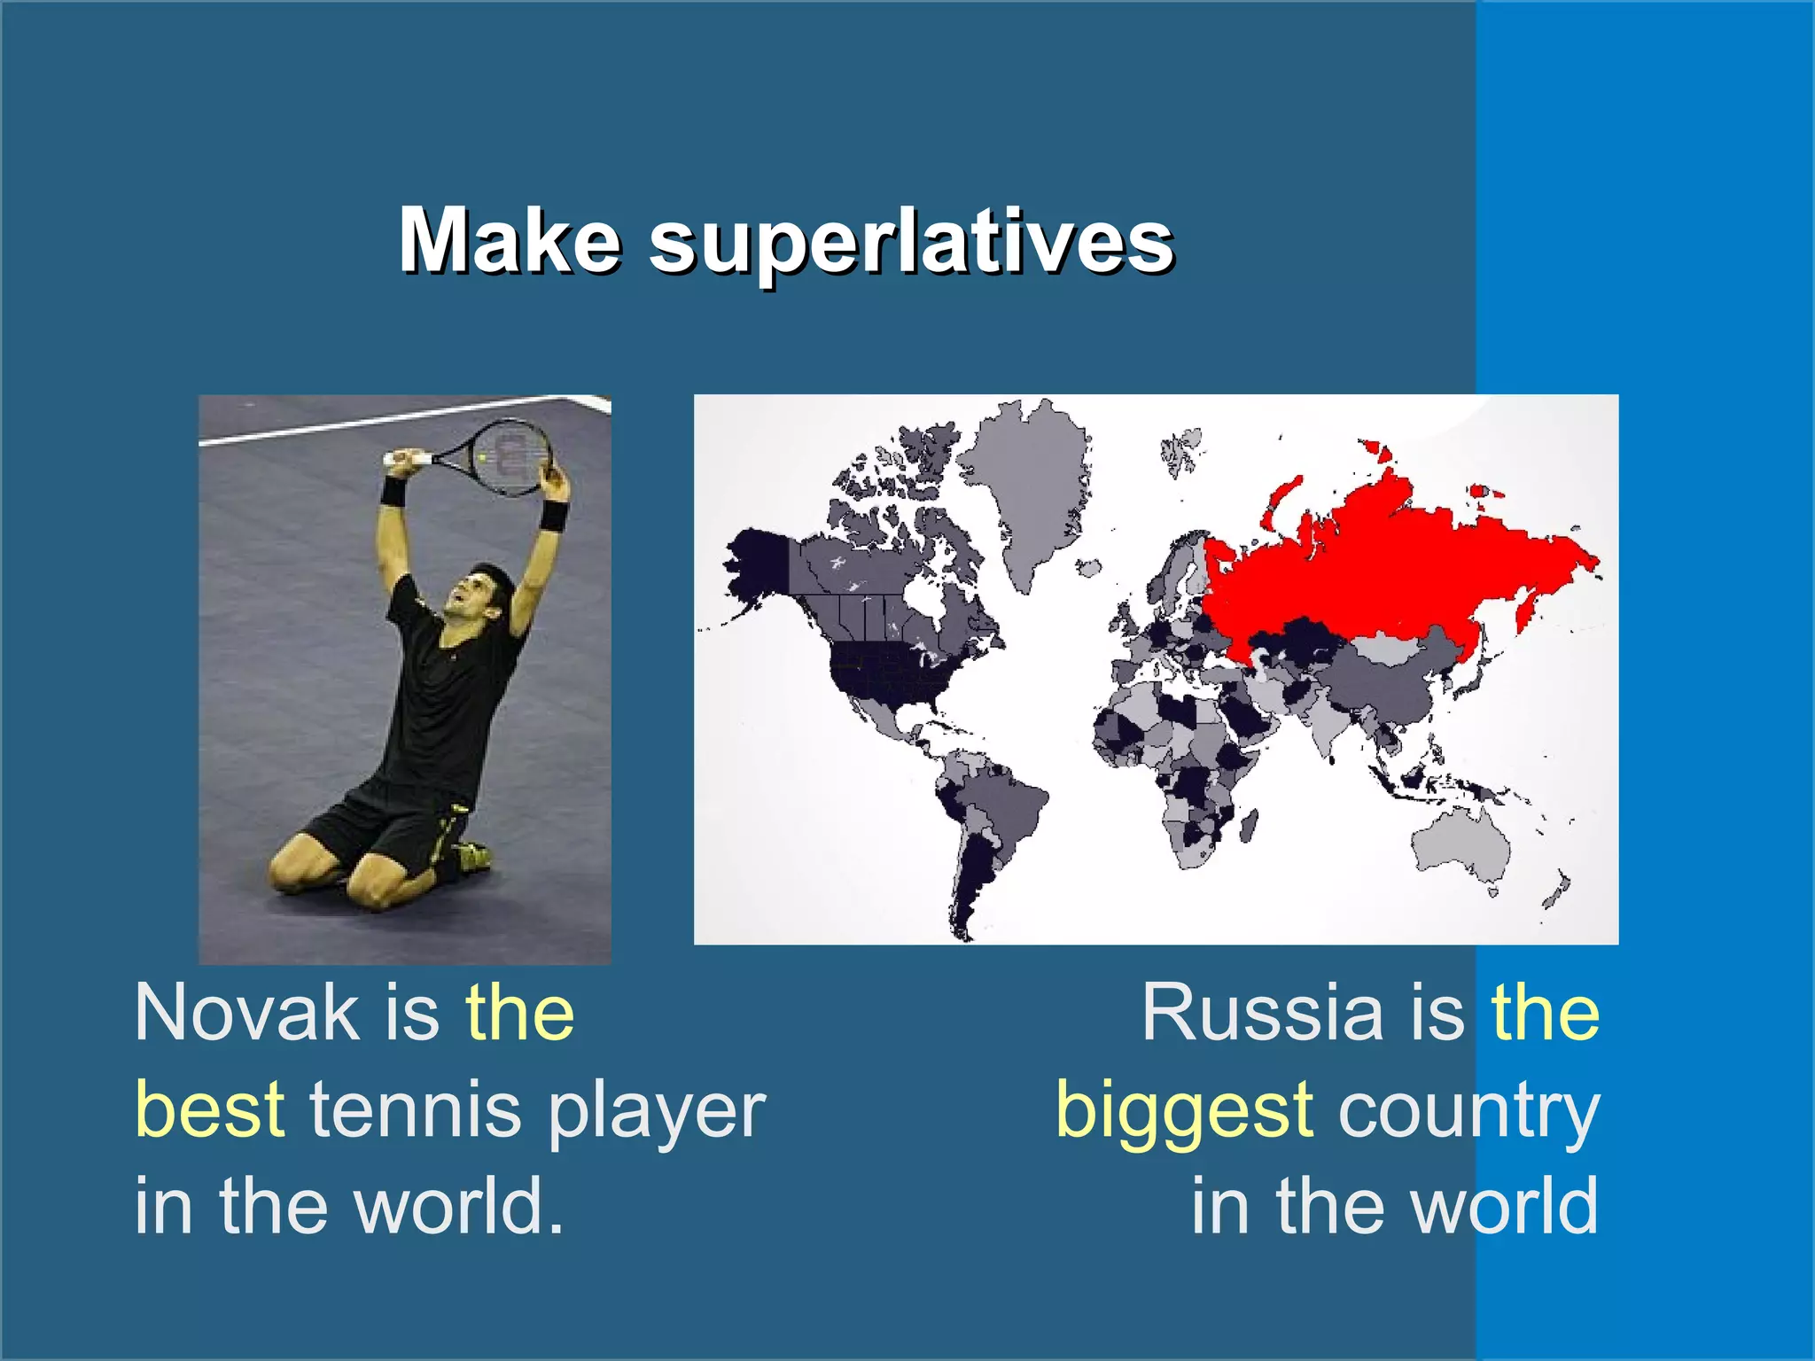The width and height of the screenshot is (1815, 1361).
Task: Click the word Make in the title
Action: coord(509,241)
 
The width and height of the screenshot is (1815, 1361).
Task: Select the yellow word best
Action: coord(210,1109)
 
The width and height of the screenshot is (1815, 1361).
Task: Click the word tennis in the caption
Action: coord(415,1109)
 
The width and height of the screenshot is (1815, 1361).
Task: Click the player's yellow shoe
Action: coord(475,855)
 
